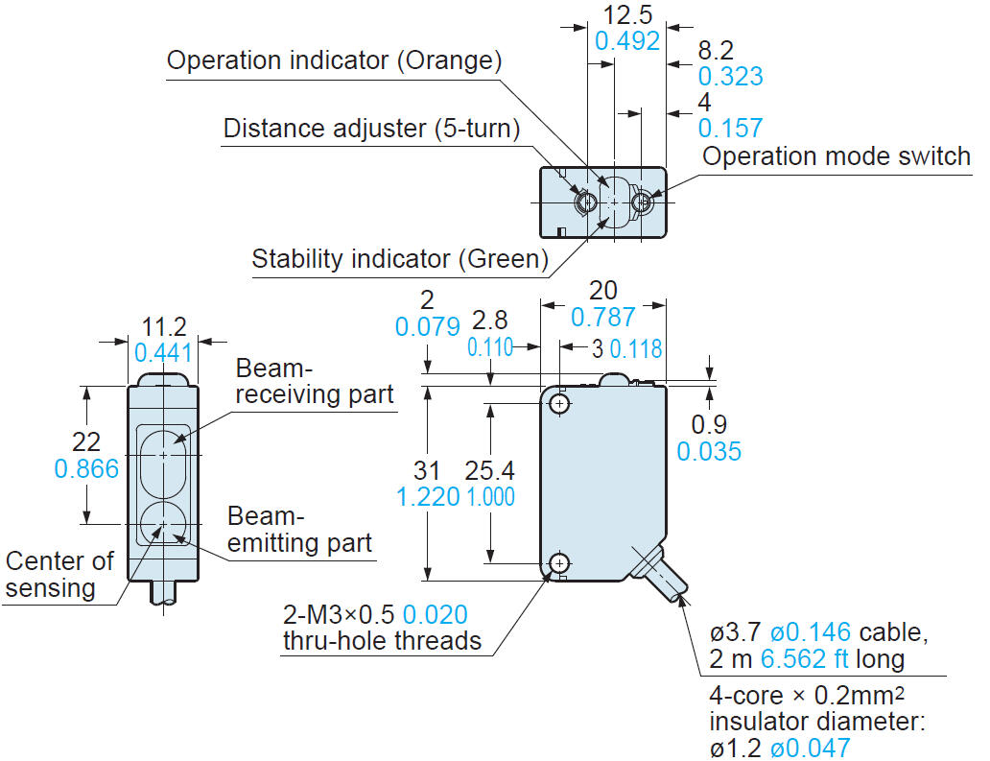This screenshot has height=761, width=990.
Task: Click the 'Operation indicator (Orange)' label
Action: pos(334,60)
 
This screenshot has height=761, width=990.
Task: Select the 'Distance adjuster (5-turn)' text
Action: pos(371,128)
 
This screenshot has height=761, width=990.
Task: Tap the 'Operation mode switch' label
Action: pos(837,156)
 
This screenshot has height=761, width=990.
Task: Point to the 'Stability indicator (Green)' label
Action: pos(399,258)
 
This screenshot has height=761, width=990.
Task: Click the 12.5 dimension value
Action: pos(628,14)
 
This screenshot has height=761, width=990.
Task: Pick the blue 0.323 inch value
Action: pos(730,77)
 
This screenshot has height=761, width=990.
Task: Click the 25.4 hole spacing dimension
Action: pos(490,470)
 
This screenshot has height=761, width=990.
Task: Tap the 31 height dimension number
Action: pos(427,470)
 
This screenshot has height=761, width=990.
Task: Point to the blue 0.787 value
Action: pos(603,317)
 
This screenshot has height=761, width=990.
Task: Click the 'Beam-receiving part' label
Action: pos(315,381)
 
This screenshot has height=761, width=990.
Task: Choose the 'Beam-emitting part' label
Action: pos(299,529)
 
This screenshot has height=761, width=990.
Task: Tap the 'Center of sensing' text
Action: pos(59,574)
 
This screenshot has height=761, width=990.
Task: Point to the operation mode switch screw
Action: pos(642,202)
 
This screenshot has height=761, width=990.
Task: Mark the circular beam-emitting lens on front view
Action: pos(163,524)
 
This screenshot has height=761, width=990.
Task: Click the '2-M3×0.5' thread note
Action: pos(341,614)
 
